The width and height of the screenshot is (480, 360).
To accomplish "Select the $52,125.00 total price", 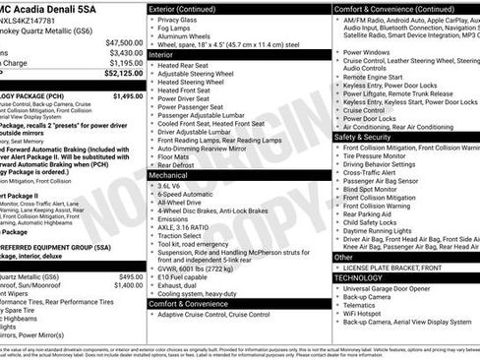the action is click(123, 73).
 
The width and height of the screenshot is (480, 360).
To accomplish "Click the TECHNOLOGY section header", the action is click(365, 277).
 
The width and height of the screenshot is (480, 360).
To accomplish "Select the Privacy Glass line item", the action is click(177, 19).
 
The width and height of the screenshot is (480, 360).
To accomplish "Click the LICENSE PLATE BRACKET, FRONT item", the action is click(391, 268).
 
